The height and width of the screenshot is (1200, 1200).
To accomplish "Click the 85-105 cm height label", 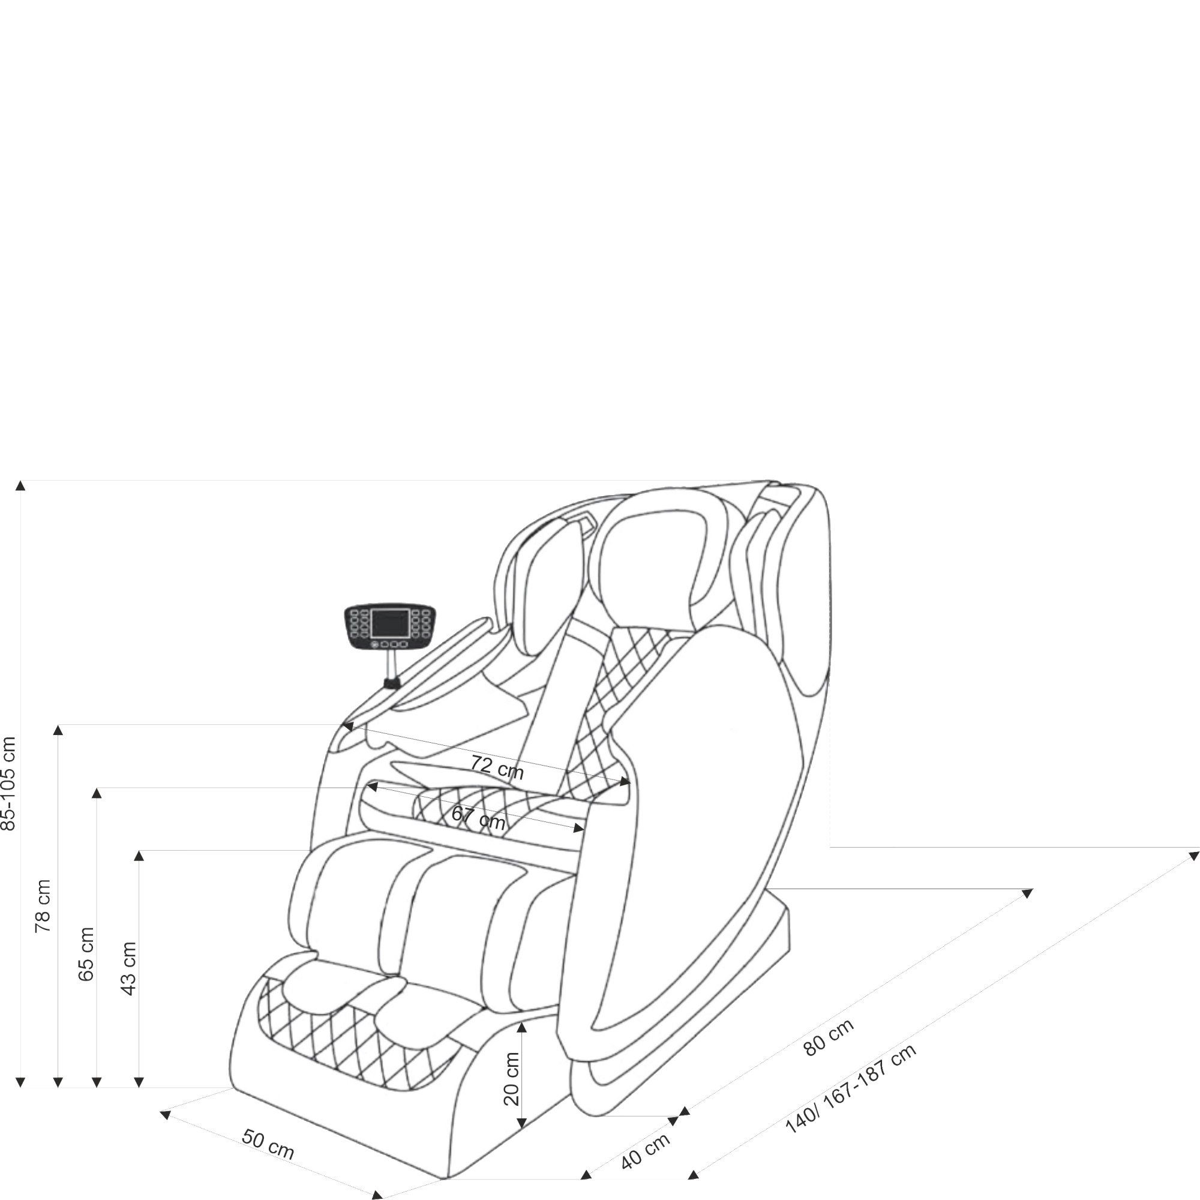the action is (8, 783).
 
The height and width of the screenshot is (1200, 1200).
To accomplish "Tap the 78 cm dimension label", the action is (42, 906).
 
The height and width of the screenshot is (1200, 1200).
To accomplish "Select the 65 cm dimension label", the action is (86, 954).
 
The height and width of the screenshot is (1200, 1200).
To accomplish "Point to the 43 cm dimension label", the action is (128, 969).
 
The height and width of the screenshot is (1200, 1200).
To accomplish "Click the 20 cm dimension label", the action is (511, 1079).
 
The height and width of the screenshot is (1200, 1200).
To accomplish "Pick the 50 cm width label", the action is (268, 1144).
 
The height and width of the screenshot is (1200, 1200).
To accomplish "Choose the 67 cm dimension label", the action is (478, 817).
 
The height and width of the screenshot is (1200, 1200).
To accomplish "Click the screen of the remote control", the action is (390, 622).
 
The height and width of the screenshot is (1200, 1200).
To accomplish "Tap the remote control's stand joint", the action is (391, 684).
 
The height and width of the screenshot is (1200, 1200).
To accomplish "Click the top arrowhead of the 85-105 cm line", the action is (20, 485).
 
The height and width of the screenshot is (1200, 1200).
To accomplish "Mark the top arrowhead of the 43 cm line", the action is (139, 856).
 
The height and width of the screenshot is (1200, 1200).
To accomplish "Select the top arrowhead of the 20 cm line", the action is (522, 1027).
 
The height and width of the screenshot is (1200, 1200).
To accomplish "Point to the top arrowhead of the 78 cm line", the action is (58, 730).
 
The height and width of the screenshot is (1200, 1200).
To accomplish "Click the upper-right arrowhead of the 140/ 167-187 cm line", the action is (1193, 856).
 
